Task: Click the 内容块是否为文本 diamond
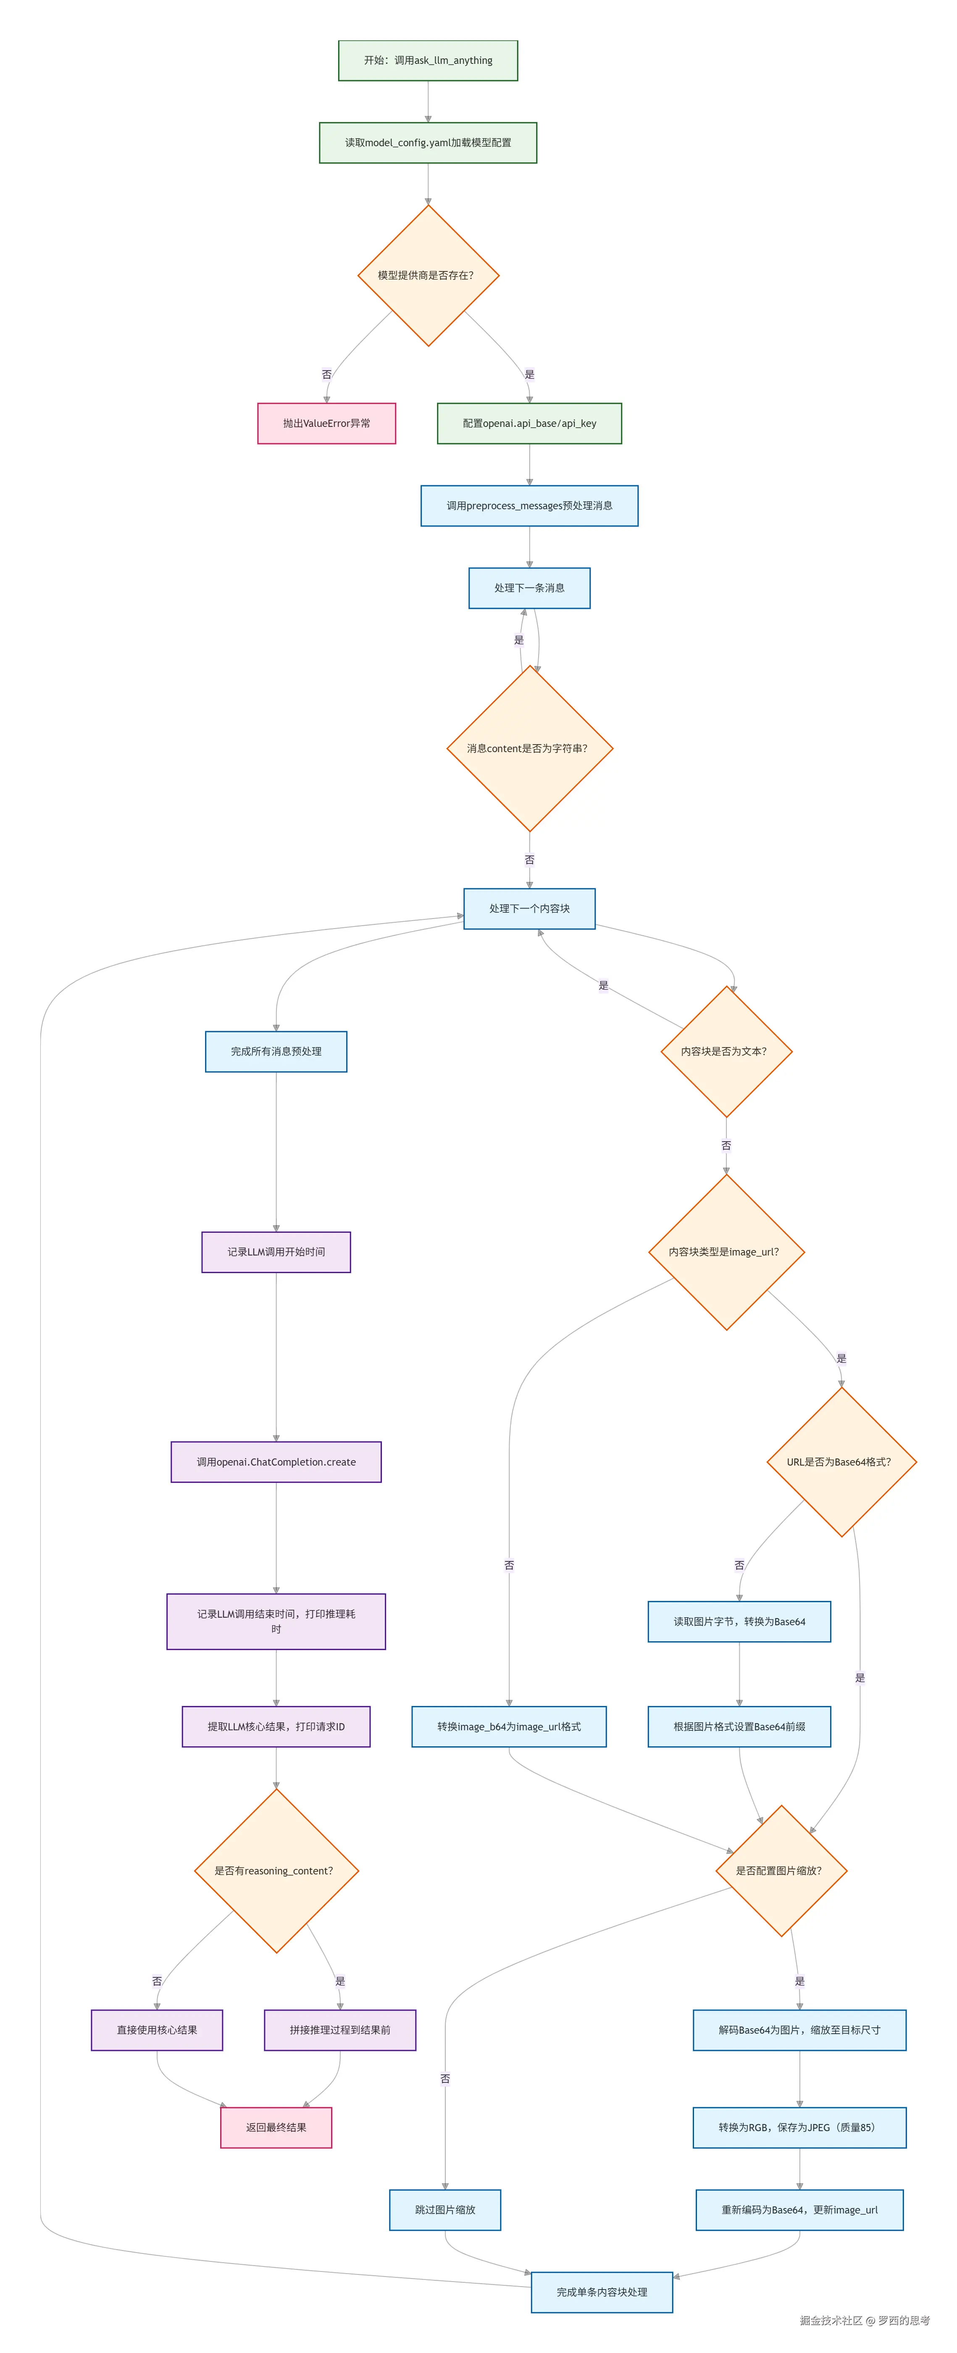(x=726, y=1051)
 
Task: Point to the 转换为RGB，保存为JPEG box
(x=799, y=2127)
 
